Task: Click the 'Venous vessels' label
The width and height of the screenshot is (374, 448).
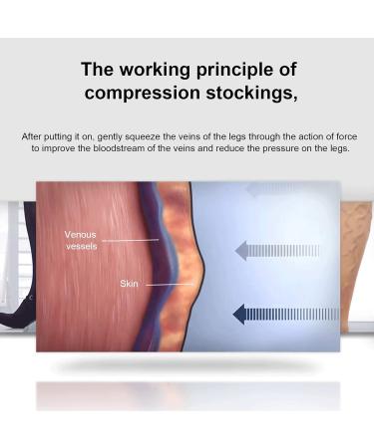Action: coord(81,240)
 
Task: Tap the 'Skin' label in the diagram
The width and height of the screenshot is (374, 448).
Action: coord(130,284)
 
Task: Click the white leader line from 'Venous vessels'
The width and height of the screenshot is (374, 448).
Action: coord(130,240)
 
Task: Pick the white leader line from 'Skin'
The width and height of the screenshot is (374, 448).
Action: coord(168,285)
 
